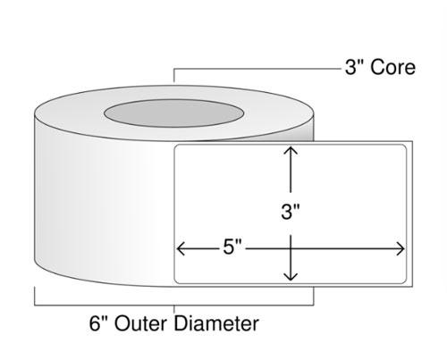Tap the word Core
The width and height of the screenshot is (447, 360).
(393, 67)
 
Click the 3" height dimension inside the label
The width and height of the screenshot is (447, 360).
(289, 212)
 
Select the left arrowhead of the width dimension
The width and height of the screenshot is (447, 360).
(181, 247)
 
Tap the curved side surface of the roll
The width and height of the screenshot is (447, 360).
(98, 214)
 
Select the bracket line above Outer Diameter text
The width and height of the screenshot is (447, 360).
(174, 304)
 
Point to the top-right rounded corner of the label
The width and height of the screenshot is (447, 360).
(405, 147)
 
